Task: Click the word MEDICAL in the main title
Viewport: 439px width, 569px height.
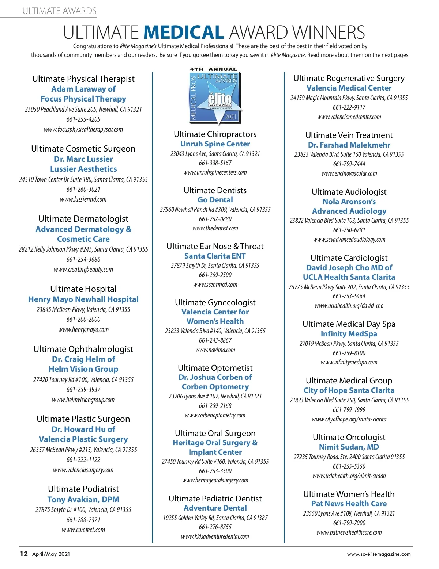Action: [184, 33]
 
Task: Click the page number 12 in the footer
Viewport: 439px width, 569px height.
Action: [24, 554]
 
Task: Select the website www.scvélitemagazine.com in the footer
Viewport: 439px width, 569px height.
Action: [379, 554]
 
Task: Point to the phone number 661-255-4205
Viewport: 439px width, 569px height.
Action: [83, 119]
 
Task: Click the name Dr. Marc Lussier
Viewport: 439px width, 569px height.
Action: [83, 159]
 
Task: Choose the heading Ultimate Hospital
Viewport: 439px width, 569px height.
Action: [83, 289]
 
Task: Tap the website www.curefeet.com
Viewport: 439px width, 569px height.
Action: [83, 530]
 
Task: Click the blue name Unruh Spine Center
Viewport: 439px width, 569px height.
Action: [215, 144]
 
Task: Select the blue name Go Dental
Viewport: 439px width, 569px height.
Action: [215, 200]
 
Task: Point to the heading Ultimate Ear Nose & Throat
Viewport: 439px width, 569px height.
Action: [215, 246]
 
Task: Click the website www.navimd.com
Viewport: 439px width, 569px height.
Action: [215, 350]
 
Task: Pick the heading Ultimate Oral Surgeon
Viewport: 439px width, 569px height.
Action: [215, 433]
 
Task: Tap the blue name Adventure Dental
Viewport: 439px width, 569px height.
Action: [215, 508]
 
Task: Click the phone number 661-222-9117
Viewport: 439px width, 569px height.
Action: [349, 107]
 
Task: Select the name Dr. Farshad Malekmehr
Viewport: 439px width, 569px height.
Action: [349, 145]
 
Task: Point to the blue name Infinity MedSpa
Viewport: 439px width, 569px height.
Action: [349, 334]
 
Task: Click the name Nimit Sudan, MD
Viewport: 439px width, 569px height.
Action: [349, 447]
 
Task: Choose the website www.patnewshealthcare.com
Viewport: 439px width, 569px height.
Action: [349, 532]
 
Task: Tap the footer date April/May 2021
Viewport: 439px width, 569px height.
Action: [51, 554]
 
